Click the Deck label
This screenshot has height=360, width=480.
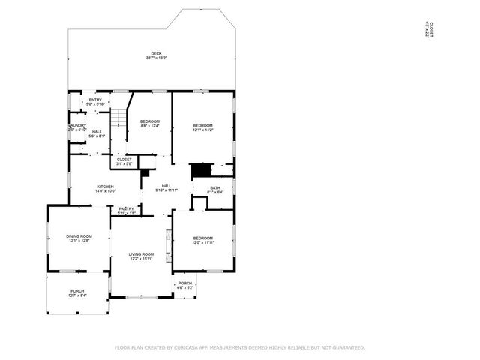pos(156,55)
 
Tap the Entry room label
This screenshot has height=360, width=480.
pos(95,102)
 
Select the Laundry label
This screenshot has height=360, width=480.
pos(78,127)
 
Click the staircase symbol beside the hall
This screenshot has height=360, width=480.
pos(118,118)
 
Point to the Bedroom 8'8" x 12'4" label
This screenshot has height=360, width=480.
pos(150,123)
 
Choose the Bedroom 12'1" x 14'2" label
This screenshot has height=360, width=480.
pos(202,127)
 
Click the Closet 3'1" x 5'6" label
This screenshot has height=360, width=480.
pos(124,161)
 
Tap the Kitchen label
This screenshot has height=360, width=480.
pos(105,189)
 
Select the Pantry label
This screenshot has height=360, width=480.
pos(127,211)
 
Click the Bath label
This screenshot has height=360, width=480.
pos(215,190)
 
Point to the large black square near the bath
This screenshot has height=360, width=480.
pos(200,171)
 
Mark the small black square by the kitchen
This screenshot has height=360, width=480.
pos(145,173)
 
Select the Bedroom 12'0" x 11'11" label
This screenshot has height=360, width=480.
pos(203,240)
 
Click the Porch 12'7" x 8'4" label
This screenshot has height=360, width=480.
pos(77,293)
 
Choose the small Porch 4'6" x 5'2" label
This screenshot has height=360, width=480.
pos(185,285)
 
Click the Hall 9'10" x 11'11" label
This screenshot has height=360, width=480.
pos(166,188)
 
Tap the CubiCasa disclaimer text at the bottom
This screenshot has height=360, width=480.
pos(239,347)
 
